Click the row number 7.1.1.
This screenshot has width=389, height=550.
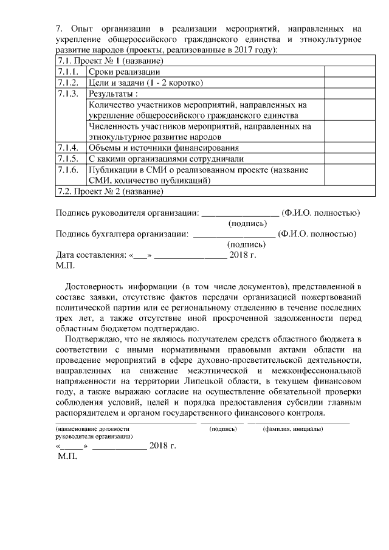[67, 72]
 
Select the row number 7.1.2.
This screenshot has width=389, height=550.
[67, 83]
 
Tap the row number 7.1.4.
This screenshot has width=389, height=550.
[67, 148]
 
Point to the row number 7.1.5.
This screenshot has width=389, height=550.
[67, 159]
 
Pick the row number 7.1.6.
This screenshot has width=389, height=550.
[67, 170]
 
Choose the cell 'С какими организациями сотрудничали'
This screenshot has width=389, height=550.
[162, 159]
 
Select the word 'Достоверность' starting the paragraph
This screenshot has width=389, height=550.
[93, 286]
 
